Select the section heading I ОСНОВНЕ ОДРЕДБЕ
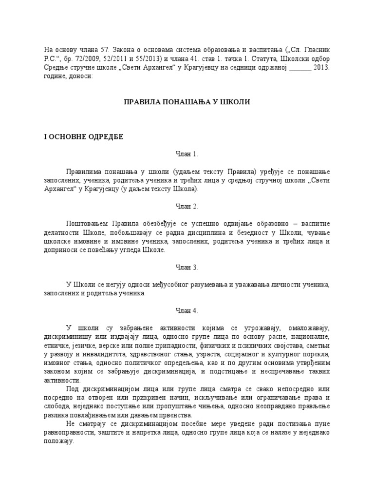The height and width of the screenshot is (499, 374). (84, 137)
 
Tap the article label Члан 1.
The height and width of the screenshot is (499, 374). (187, 154)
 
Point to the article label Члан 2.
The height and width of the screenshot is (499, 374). (187, 207)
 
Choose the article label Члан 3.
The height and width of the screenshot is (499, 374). (187, 267)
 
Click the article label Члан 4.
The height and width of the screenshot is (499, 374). (187, 310)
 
